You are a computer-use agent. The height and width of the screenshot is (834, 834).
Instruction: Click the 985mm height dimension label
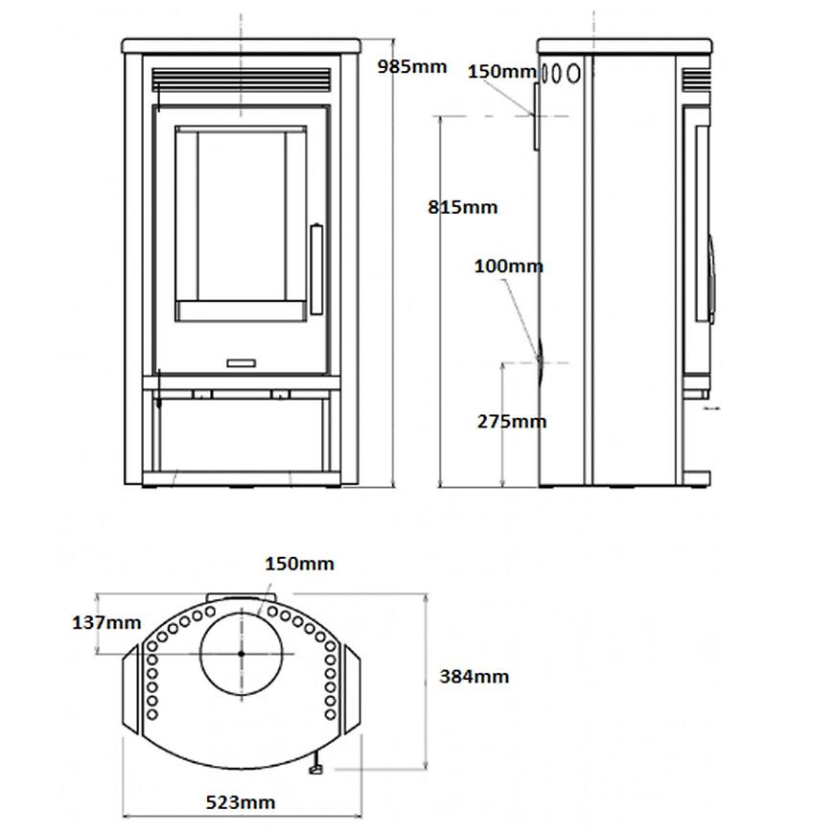[411, 67]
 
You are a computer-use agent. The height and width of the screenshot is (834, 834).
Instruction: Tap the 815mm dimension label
[463, 207]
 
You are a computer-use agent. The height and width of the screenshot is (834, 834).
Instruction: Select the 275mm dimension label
[512, 421]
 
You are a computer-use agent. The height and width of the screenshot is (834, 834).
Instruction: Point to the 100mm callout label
[508, 266]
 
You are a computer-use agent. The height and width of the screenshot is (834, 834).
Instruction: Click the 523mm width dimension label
[241, 802]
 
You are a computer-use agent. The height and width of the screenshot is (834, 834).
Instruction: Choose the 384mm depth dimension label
[474, 677]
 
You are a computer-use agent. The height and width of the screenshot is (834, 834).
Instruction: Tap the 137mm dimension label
[106, 622]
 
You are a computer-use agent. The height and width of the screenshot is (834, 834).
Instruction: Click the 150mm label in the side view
[501, 71]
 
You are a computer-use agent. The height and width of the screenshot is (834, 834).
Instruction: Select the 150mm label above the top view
[299, 564]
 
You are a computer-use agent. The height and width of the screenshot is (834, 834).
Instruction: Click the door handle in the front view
[316, 269]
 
